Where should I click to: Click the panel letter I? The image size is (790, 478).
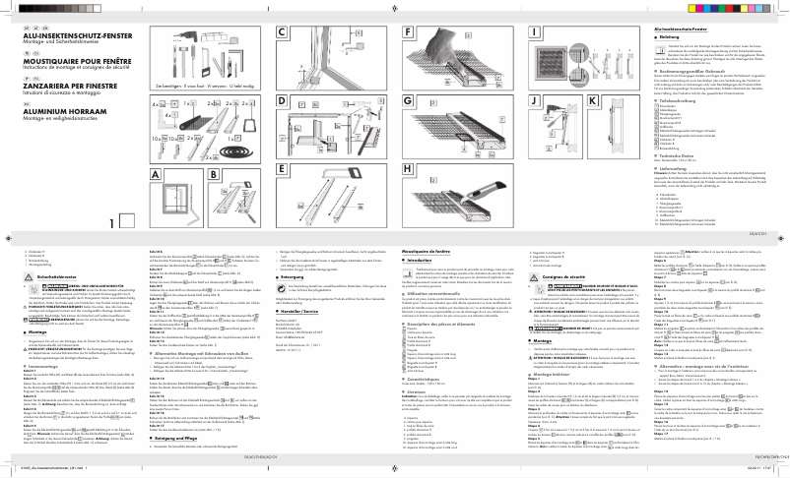click(534, 33)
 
